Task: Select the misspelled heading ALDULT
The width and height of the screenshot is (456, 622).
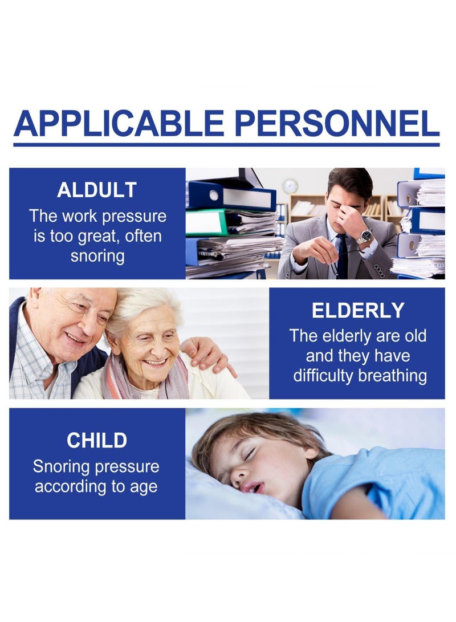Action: tap(97, 190)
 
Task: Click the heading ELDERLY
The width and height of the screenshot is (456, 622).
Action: tap(357, 310)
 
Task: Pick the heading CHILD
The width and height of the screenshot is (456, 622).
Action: tap(97, 440)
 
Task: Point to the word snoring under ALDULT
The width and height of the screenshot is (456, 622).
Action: tap(97, 256)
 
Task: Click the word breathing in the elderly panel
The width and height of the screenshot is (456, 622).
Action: tap(393, 376)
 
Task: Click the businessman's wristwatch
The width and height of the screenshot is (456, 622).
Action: tap(364, 237)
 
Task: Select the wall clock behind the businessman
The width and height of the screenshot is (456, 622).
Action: tap(290, 186)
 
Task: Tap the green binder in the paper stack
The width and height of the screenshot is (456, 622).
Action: tap(206, 222)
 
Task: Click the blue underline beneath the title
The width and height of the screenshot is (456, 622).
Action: tap(226, 145)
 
